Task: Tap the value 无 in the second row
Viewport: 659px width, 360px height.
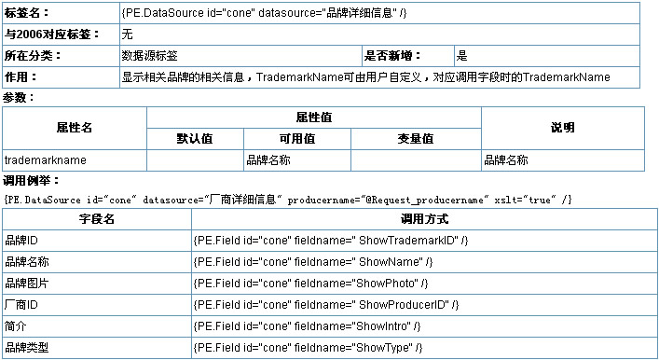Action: click(x=128, y=35)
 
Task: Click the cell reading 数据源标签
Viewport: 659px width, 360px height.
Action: click(x=150, y=56)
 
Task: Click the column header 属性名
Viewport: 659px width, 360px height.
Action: click(x=75, y=128)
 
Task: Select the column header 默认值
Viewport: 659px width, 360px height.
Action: click(x=195, y=139)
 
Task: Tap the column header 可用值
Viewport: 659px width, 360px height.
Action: click(x=297, y=139)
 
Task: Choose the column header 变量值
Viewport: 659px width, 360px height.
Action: click(x=416, y=139)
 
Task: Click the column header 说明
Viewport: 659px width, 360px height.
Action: click(x=563, y=128)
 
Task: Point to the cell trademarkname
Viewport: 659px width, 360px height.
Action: click(x=46, y=160)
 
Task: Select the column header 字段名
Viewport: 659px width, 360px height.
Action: click(x=97, y=219)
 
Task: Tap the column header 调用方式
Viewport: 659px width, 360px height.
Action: click(x=424, y=219)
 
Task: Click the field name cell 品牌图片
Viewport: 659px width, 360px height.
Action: click(x=27, y=284)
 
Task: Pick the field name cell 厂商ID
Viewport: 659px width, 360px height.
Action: click(x=21, y=305)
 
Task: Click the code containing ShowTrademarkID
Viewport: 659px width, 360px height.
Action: click(x=331, y=241)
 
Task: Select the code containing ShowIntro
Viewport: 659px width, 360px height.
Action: click(x=307, y=326)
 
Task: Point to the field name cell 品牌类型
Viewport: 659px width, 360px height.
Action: click(x=27, y=348)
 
